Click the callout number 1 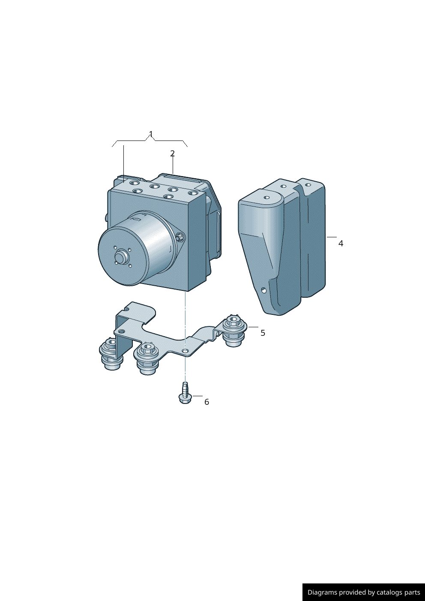point(151,134)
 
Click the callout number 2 point(173,153)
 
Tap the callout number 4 point(341,243)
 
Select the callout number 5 point(263,333)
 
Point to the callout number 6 point(207,402)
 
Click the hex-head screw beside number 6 point(185,393)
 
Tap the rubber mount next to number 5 point(234,331)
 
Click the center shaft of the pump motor point(121,257)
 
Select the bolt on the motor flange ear point(180,237)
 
